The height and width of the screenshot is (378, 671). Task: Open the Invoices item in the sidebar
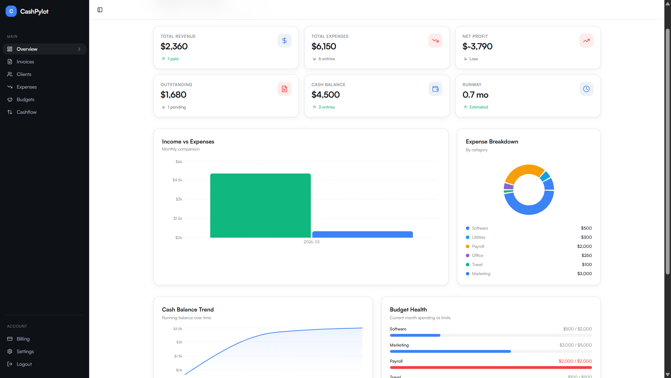[x=25, y=62]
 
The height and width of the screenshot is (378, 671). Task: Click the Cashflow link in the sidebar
[x=27, y=112]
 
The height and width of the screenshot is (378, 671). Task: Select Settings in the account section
[x=25, y=351]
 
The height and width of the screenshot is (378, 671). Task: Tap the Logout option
[x=24, y=364]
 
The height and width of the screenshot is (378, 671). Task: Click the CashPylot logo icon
[x=11, y=11]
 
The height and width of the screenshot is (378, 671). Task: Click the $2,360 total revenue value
[x=174, y=46]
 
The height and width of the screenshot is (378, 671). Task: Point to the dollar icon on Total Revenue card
[x=284, y=41]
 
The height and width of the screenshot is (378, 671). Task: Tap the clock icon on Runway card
[x=586, y=89]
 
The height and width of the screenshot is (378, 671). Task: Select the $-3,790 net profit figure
[x=477, y=46]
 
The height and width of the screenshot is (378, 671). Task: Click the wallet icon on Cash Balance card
[x=435, y=89]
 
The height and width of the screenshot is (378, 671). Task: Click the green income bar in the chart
[x=260, y=205]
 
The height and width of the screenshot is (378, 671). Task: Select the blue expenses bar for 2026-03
[x=362, y=234]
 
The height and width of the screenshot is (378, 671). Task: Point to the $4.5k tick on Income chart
[x=177, y=180]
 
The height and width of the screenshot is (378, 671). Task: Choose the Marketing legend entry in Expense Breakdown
[x=481, y=274]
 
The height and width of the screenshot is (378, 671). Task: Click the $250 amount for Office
[x=586, y=255]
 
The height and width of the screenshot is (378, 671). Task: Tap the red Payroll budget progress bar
[x=491, y=367]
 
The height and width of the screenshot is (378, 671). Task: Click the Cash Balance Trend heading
[x=188, y=309]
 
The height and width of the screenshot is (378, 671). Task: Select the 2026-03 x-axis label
[x=311, y=242]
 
